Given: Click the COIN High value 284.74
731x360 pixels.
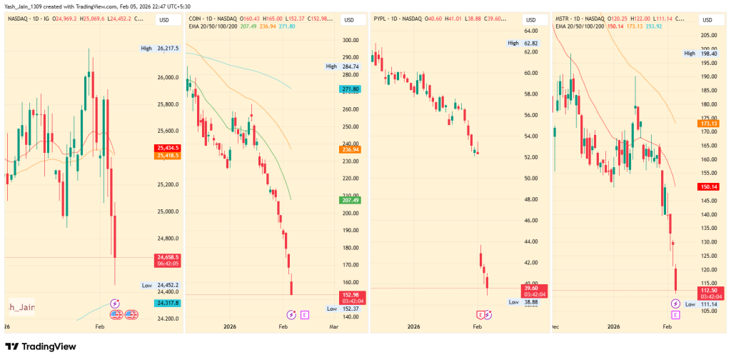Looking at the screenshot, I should (x=351, y=66).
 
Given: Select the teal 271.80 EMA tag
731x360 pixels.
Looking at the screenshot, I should (x=351, y=89).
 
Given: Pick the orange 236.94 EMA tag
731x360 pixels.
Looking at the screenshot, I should (x=351, y=149).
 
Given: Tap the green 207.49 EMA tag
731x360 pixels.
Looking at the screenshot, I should (x=351, y=200).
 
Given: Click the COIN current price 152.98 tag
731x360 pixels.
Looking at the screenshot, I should (x=351, y=296).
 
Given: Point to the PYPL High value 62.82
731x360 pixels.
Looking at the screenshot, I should (x=530, y=43).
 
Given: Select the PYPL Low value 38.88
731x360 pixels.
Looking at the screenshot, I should (x=531, y=302).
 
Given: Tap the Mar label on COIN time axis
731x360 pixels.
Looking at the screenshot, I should (x=333, y=326).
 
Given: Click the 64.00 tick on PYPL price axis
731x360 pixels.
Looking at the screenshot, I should (x=530, y=31).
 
